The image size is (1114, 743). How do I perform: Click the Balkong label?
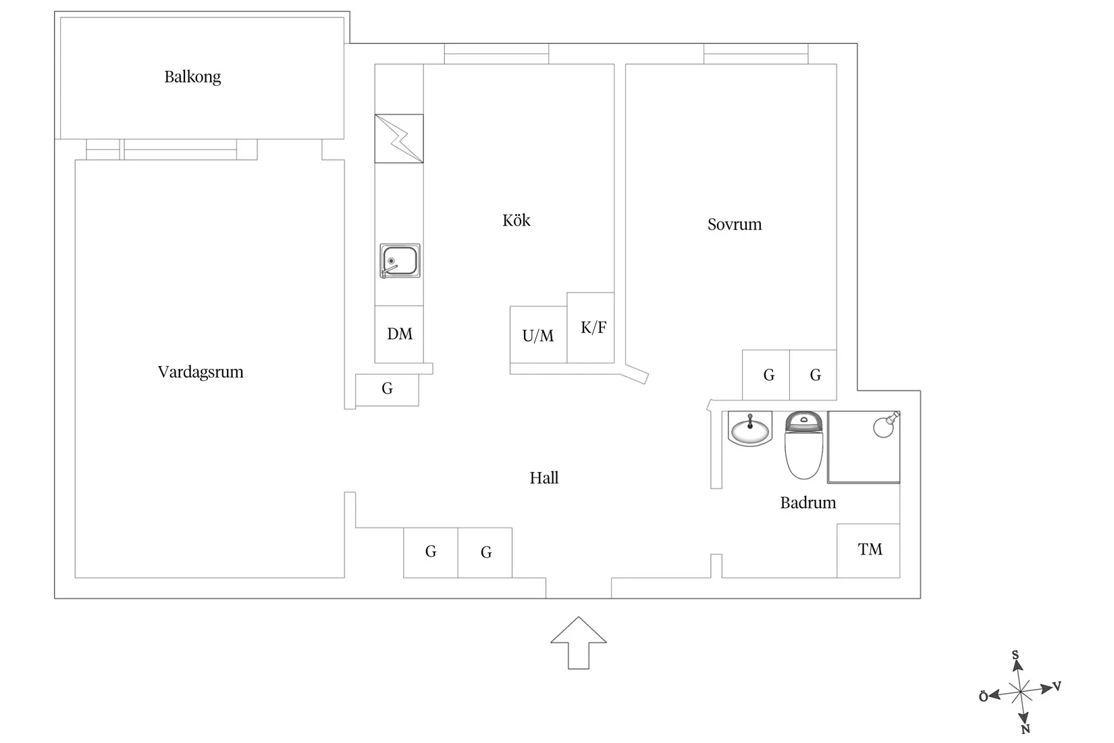[x=192, y=77]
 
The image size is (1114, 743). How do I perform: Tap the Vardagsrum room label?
[x=201, y=372]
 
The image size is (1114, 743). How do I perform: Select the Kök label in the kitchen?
[x=516, y=221]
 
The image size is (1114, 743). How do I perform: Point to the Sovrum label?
[x=735, y=224]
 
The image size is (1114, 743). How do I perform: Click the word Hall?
[x=544, y=478]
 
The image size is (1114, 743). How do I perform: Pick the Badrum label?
[x=808, y=503]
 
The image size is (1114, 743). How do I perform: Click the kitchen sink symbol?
[x=400, y=261]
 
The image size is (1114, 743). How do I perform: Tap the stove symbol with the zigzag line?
[x=399, y=138]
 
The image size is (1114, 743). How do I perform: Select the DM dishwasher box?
[x=400, y=334]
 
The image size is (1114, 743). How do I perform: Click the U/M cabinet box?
[x=538, y=336]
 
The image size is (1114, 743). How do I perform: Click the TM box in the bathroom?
[x=869, y=550]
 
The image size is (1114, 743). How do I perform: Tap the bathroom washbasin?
[x=750, y=430]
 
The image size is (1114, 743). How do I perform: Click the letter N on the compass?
[x=1026, y=729]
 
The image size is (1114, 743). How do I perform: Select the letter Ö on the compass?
[x=984, y=697]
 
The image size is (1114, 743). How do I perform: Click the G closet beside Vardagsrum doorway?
[x=387, y=389]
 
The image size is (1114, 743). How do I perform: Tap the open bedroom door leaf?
[x=637, y=374]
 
